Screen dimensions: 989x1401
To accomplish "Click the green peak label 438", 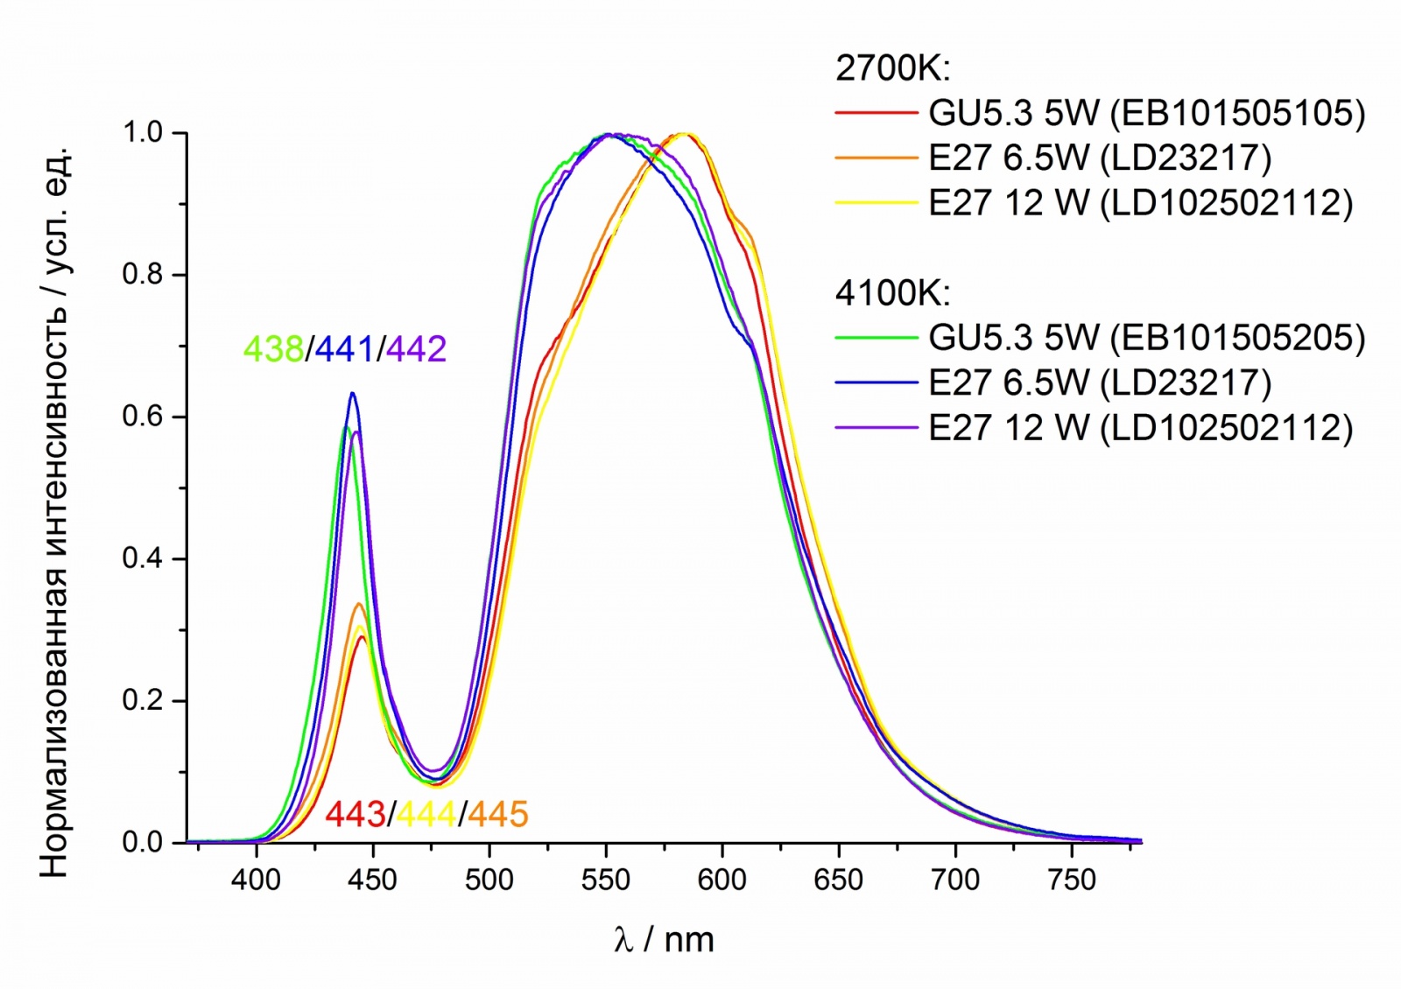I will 272,349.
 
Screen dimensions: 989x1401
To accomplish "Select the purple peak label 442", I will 416,349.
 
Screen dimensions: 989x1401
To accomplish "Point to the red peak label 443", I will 355,814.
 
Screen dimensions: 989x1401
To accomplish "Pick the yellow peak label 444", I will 426,814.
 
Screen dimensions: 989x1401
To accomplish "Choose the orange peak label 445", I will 497,814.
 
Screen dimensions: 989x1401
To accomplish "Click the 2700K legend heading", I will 892,68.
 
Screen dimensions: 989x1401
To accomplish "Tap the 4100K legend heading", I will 892,293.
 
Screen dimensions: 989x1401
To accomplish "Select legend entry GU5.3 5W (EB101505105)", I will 1146,113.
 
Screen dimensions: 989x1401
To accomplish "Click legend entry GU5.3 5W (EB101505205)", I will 1146,338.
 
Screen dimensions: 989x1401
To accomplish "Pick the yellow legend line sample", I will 877,202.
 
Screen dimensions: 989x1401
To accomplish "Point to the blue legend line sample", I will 877,382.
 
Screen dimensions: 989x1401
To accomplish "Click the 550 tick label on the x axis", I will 605,880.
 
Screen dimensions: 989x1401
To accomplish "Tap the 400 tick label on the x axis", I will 256,880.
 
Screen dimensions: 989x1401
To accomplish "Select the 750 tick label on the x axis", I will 1072,880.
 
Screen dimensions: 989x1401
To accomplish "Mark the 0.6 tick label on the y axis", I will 142,417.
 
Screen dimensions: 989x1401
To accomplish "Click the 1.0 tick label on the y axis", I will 142,133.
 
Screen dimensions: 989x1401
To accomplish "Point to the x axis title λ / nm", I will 664,940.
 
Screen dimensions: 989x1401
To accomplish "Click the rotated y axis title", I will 54,512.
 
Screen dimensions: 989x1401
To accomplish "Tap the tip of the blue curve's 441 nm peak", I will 352,393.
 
